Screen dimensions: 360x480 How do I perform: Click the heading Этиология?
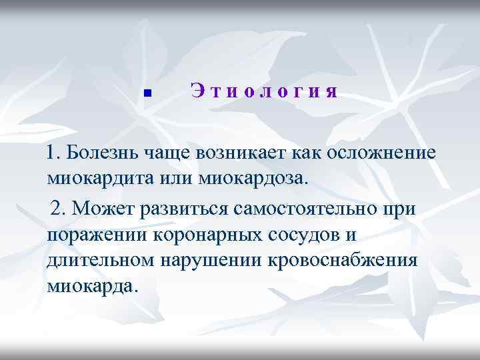pos(264,91)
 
